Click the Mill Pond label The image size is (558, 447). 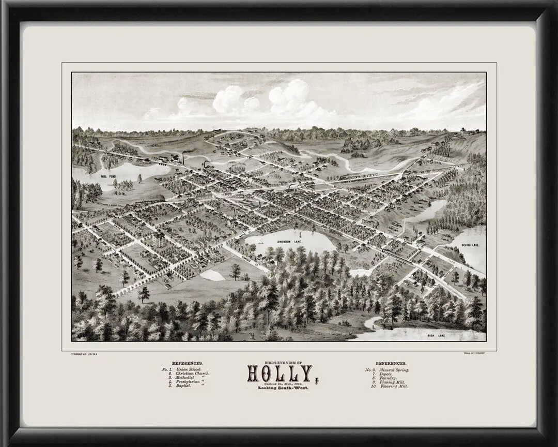pyautogui.click(x=109, y=176)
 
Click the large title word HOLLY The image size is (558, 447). pyautogui.click(x=280, y=374)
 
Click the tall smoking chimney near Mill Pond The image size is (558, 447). pyautogui.click(x=183, y=157)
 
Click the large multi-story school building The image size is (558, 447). pyautogui.click(x=159, y=239)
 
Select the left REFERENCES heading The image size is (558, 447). pyautogui.click(x=187, y=364)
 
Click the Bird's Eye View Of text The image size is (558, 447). pyautogui.click(x=279, y=363)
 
